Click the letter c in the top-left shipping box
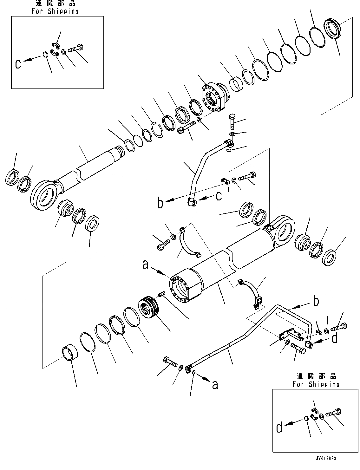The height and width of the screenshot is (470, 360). (x=18, y=64)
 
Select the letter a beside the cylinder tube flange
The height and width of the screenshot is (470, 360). (x=145, y=264)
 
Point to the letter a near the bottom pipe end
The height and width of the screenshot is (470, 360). (x=215, y=385)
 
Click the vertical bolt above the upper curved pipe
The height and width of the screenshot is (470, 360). (x=232, y=121)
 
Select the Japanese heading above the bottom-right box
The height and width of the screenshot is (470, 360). (x=316, y=376)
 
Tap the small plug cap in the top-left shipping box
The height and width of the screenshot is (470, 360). (x=45, y=55)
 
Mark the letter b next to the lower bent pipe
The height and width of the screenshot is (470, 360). (x=316, y=301)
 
